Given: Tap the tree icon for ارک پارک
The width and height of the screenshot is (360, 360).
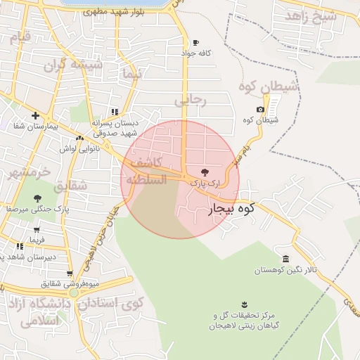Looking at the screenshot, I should click(x=205, y=172).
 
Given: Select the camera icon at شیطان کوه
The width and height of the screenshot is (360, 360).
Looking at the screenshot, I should click(x=261, y=109).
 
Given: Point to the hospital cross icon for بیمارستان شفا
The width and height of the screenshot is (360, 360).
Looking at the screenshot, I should click(x=34, y=115).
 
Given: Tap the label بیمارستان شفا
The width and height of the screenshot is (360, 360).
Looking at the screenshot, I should click(x=37, y=127).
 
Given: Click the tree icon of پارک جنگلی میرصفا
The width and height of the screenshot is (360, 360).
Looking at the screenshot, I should click(x=37, y=198).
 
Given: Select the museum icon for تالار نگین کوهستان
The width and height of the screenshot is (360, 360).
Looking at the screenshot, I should click(x=285, y=259).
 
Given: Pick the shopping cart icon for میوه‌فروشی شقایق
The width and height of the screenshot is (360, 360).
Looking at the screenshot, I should click(x=70, y=274).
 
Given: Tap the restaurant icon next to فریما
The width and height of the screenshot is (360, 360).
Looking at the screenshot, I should click(x=20, y=245).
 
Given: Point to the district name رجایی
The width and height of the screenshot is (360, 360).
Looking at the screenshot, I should click(x=191, y=101).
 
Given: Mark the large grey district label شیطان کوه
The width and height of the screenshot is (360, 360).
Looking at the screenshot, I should click(x=269, y=87).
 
